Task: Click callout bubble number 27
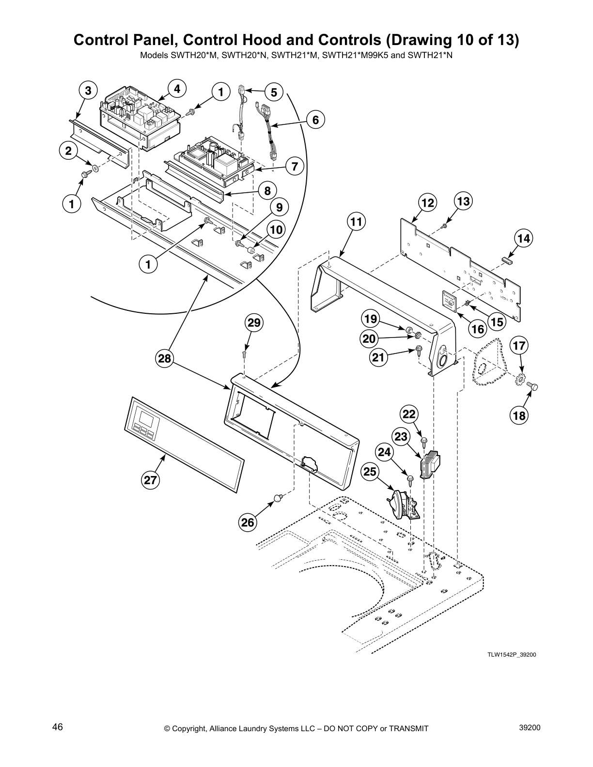[x=151, y=480]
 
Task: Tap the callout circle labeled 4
[x=177, y=89]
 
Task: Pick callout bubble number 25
[x=370, y=471]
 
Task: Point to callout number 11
[x=356, y=222]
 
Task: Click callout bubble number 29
[x=253, y=323]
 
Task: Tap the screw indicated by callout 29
[x=245, y=354]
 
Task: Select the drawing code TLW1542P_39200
[x=512, y=655]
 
